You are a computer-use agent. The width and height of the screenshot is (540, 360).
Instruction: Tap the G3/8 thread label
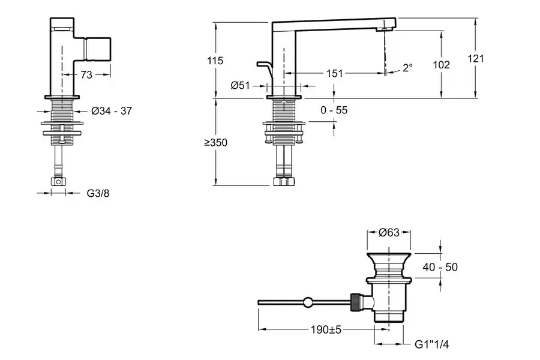coord(98,193)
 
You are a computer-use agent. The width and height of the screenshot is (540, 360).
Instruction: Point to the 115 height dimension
coord(215,60)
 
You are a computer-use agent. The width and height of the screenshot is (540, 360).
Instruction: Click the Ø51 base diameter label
coord(240,86)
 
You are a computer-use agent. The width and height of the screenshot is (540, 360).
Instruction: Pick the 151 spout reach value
coord(335,73)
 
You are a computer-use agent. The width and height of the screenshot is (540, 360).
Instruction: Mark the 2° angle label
coord(408,68)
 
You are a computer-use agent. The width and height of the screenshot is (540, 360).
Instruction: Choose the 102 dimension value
coord(441,64)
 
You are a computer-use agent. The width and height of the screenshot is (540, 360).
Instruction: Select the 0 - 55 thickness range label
coord(334,110)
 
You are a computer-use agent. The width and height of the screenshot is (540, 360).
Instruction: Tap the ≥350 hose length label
coord(215,143)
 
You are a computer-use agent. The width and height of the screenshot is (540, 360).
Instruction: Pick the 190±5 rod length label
coord(325,329)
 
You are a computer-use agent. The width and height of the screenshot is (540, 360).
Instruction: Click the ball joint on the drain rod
coord(308,302)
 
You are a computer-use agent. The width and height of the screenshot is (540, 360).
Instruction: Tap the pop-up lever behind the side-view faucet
coord(264,65)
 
